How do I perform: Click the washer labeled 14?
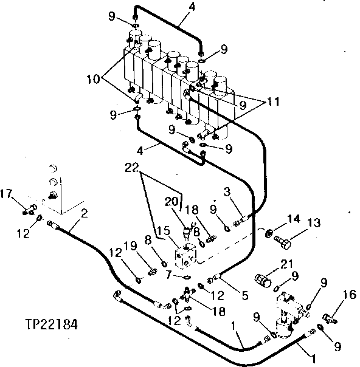point(267,232)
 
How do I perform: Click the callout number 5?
point(244,296)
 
